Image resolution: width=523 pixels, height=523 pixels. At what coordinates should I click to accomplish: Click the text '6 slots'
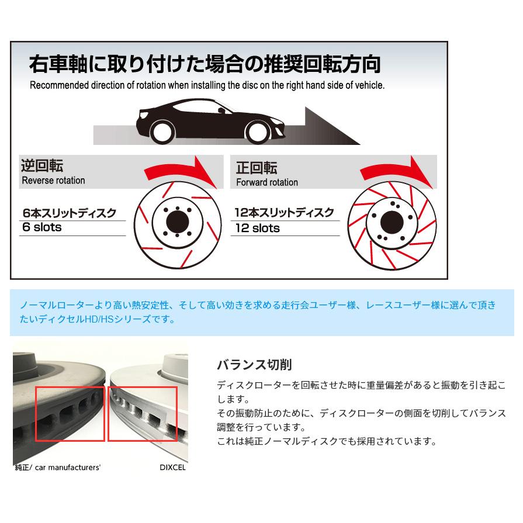click(41, 227)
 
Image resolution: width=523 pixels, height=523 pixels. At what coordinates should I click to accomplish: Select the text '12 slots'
click(257, 228)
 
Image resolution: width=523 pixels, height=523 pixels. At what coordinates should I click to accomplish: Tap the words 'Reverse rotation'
click(53, 181)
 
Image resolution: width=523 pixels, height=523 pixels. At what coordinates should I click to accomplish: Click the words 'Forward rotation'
click(267, 182)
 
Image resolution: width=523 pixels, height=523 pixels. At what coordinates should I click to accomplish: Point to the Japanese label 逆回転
click(42, 166)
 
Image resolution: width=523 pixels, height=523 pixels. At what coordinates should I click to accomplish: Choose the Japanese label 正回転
click(257, 168)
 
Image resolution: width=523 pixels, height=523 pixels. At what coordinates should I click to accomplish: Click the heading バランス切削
click(254, 365)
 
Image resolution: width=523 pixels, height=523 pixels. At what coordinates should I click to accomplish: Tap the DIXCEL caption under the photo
click(173, 467)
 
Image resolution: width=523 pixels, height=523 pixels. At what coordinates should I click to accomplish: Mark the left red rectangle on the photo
click(70, 414)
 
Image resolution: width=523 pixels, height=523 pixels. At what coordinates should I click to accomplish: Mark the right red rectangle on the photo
click(142, 414)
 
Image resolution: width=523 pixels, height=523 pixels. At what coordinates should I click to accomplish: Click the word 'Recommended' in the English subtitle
click(58, 85)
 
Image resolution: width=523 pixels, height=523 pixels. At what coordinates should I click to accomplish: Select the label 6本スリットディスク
click(69, 213)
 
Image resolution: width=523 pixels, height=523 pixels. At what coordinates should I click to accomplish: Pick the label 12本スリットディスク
click(284, 213)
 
